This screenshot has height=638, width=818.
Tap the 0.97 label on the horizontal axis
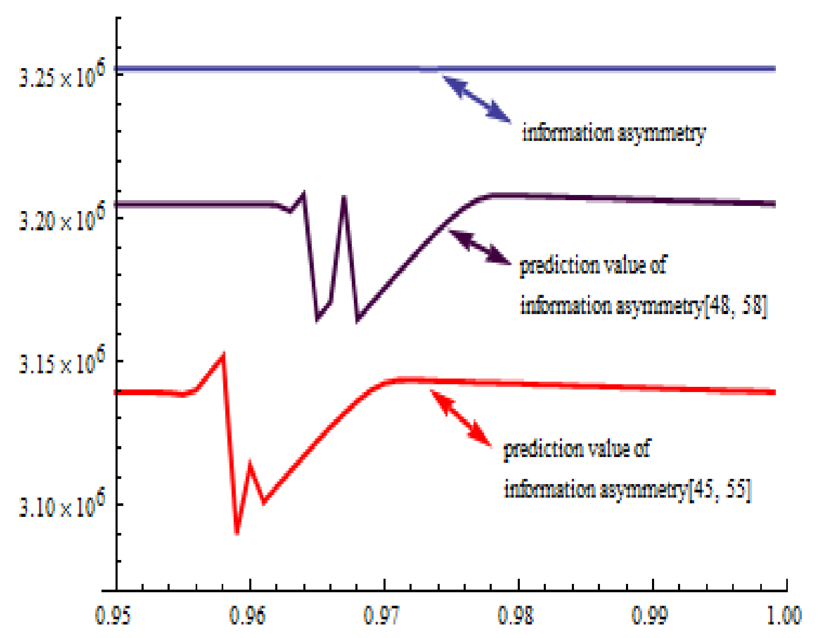(x=381, y=615)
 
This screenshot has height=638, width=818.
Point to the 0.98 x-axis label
(x=516, y=615)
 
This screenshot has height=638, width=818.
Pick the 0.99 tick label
(x=649, y=615)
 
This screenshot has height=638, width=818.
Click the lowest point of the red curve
(x=237, y=533)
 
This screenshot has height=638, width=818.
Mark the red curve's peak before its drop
(x=223, y=355)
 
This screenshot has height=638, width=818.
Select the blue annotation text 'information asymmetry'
(x=613, y=133)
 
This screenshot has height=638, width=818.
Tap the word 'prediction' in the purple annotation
(x=554, y=266)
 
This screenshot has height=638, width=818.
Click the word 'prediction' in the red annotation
(x=538, y=449)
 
